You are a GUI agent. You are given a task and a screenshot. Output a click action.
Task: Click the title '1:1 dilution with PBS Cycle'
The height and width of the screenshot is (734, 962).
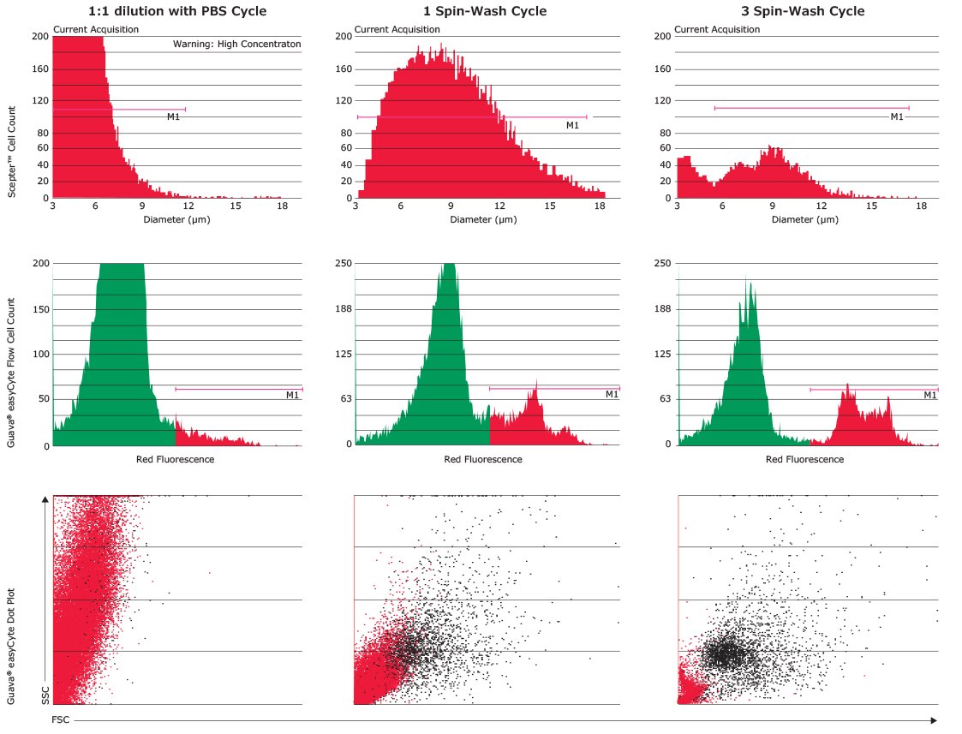pos(177,11)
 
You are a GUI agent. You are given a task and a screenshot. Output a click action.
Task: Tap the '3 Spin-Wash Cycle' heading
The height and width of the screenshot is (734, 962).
pos(802,11)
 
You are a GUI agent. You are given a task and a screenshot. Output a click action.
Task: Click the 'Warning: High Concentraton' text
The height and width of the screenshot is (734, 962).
pos(236,44)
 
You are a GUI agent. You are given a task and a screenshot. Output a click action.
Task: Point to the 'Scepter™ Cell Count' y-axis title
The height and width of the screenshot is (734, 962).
pos(13,152)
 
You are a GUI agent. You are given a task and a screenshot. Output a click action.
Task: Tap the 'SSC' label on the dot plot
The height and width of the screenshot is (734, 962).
pos(45,694)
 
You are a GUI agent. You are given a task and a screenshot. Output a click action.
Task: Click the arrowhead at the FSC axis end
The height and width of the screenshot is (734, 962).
pos(933,720)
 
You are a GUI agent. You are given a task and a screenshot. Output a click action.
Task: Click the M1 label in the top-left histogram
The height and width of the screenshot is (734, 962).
pos(173,116)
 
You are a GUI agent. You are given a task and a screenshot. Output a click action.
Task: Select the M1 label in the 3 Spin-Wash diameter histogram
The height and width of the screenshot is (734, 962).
pos(897,116)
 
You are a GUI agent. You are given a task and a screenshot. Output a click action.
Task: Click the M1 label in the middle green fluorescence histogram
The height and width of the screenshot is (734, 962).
pos(612,395)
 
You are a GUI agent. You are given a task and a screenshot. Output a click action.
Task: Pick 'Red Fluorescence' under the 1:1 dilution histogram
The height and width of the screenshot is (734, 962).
pos(175,459)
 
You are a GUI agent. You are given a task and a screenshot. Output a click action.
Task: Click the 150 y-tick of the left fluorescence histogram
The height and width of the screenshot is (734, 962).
pos(39,308)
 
